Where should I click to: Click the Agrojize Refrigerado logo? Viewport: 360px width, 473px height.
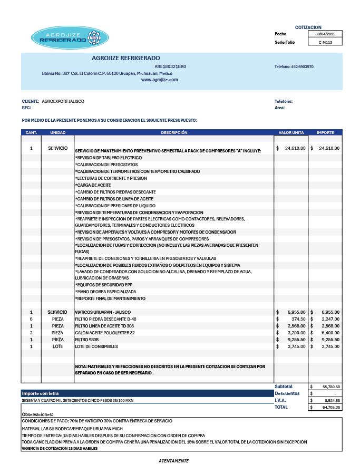(x=70, y=38)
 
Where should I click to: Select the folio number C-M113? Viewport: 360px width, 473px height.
(x=325, y=42)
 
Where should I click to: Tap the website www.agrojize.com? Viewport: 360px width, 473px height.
(x=160, y=80)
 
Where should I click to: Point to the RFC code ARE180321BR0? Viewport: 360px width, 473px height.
(x=170, y=66)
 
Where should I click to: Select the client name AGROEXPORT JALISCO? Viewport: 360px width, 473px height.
(x=63, y=101)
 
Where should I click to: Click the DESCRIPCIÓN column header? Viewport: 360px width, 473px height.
(x=174, y=132)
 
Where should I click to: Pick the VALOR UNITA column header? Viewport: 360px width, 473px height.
(x=291, y=132)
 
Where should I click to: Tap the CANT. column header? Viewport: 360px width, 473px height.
(x=31, y=132)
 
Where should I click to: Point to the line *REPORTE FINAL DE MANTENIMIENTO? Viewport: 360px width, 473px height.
(x=110, y=298)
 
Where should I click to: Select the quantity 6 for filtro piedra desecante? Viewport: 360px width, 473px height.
(x=31, y=319)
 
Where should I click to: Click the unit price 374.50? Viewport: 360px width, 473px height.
(x=298, y=319)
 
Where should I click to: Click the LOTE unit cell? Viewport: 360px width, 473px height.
(x=57, y=346)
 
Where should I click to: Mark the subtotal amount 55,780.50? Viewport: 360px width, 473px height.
(x=330, y=387)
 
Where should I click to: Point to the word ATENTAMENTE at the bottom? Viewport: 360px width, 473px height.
(x=173, y=461)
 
